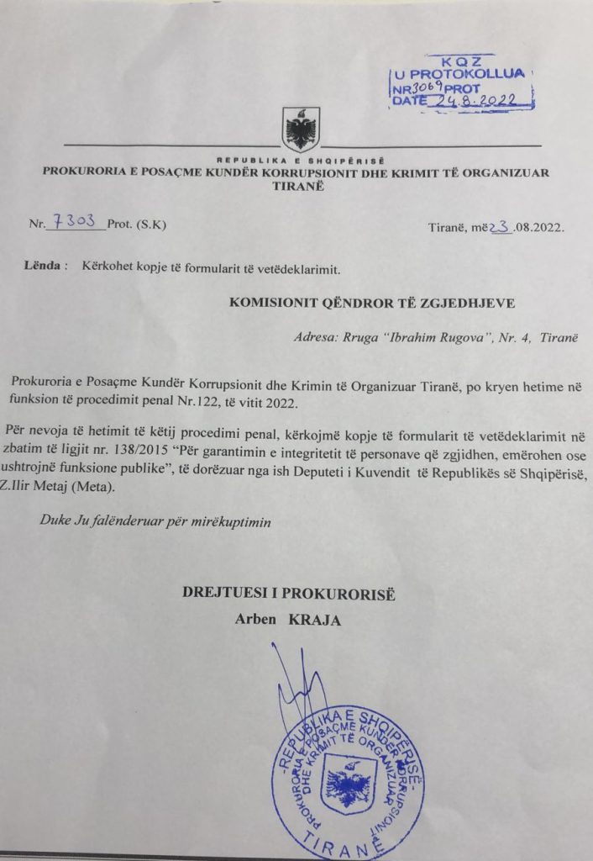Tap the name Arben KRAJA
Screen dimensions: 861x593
[x=290, y=621]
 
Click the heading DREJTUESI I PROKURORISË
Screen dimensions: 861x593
[x=289, y=594]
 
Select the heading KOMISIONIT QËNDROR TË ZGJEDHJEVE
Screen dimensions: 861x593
[x=370, y=301]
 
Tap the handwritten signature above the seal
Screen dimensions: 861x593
[x=294, y=681]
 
